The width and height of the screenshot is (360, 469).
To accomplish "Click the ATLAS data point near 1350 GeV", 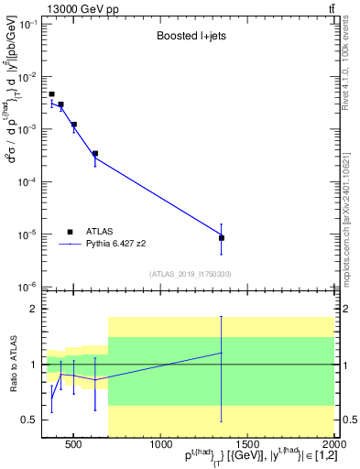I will (222, 238).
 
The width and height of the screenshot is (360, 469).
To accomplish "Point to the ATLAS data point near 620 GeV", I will (95, 154).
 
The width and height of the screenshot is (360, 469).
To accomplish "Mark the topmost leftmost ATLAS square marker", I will (51, 94).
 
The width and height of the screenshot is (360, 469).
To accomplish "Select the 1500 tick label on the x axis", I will (247, 446).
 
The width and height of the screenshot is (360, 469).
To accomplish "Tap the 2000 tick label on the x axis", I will (334, 446).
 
